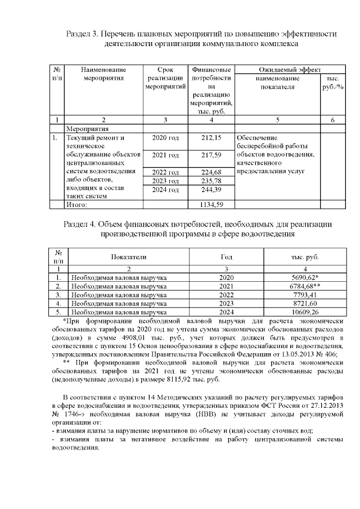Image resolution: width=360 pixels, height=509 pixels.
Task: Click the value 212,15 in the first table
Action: (x=210, y=137)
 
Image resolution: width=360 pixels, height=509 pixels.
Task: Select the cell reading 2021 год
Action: (x=165, y=155)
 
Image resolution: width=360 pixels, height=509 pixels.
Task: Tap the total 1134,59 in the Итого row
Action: (x=210, y=205)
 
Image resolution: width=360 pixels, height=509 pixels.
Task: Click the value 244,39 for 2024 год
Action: (x=210, y=190)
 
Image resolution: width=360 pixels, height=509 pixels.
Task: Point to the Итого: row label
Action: (x=78, y=205)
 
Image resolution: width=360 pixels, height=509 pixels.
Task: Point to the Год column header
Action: (x=226, y=256)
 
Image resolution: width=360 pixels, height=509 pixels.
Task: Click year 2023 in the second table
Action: (x=226, y=303)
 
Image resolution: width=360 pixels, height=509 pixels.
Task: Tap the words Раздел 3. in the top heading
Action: (x=83, y=34)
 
